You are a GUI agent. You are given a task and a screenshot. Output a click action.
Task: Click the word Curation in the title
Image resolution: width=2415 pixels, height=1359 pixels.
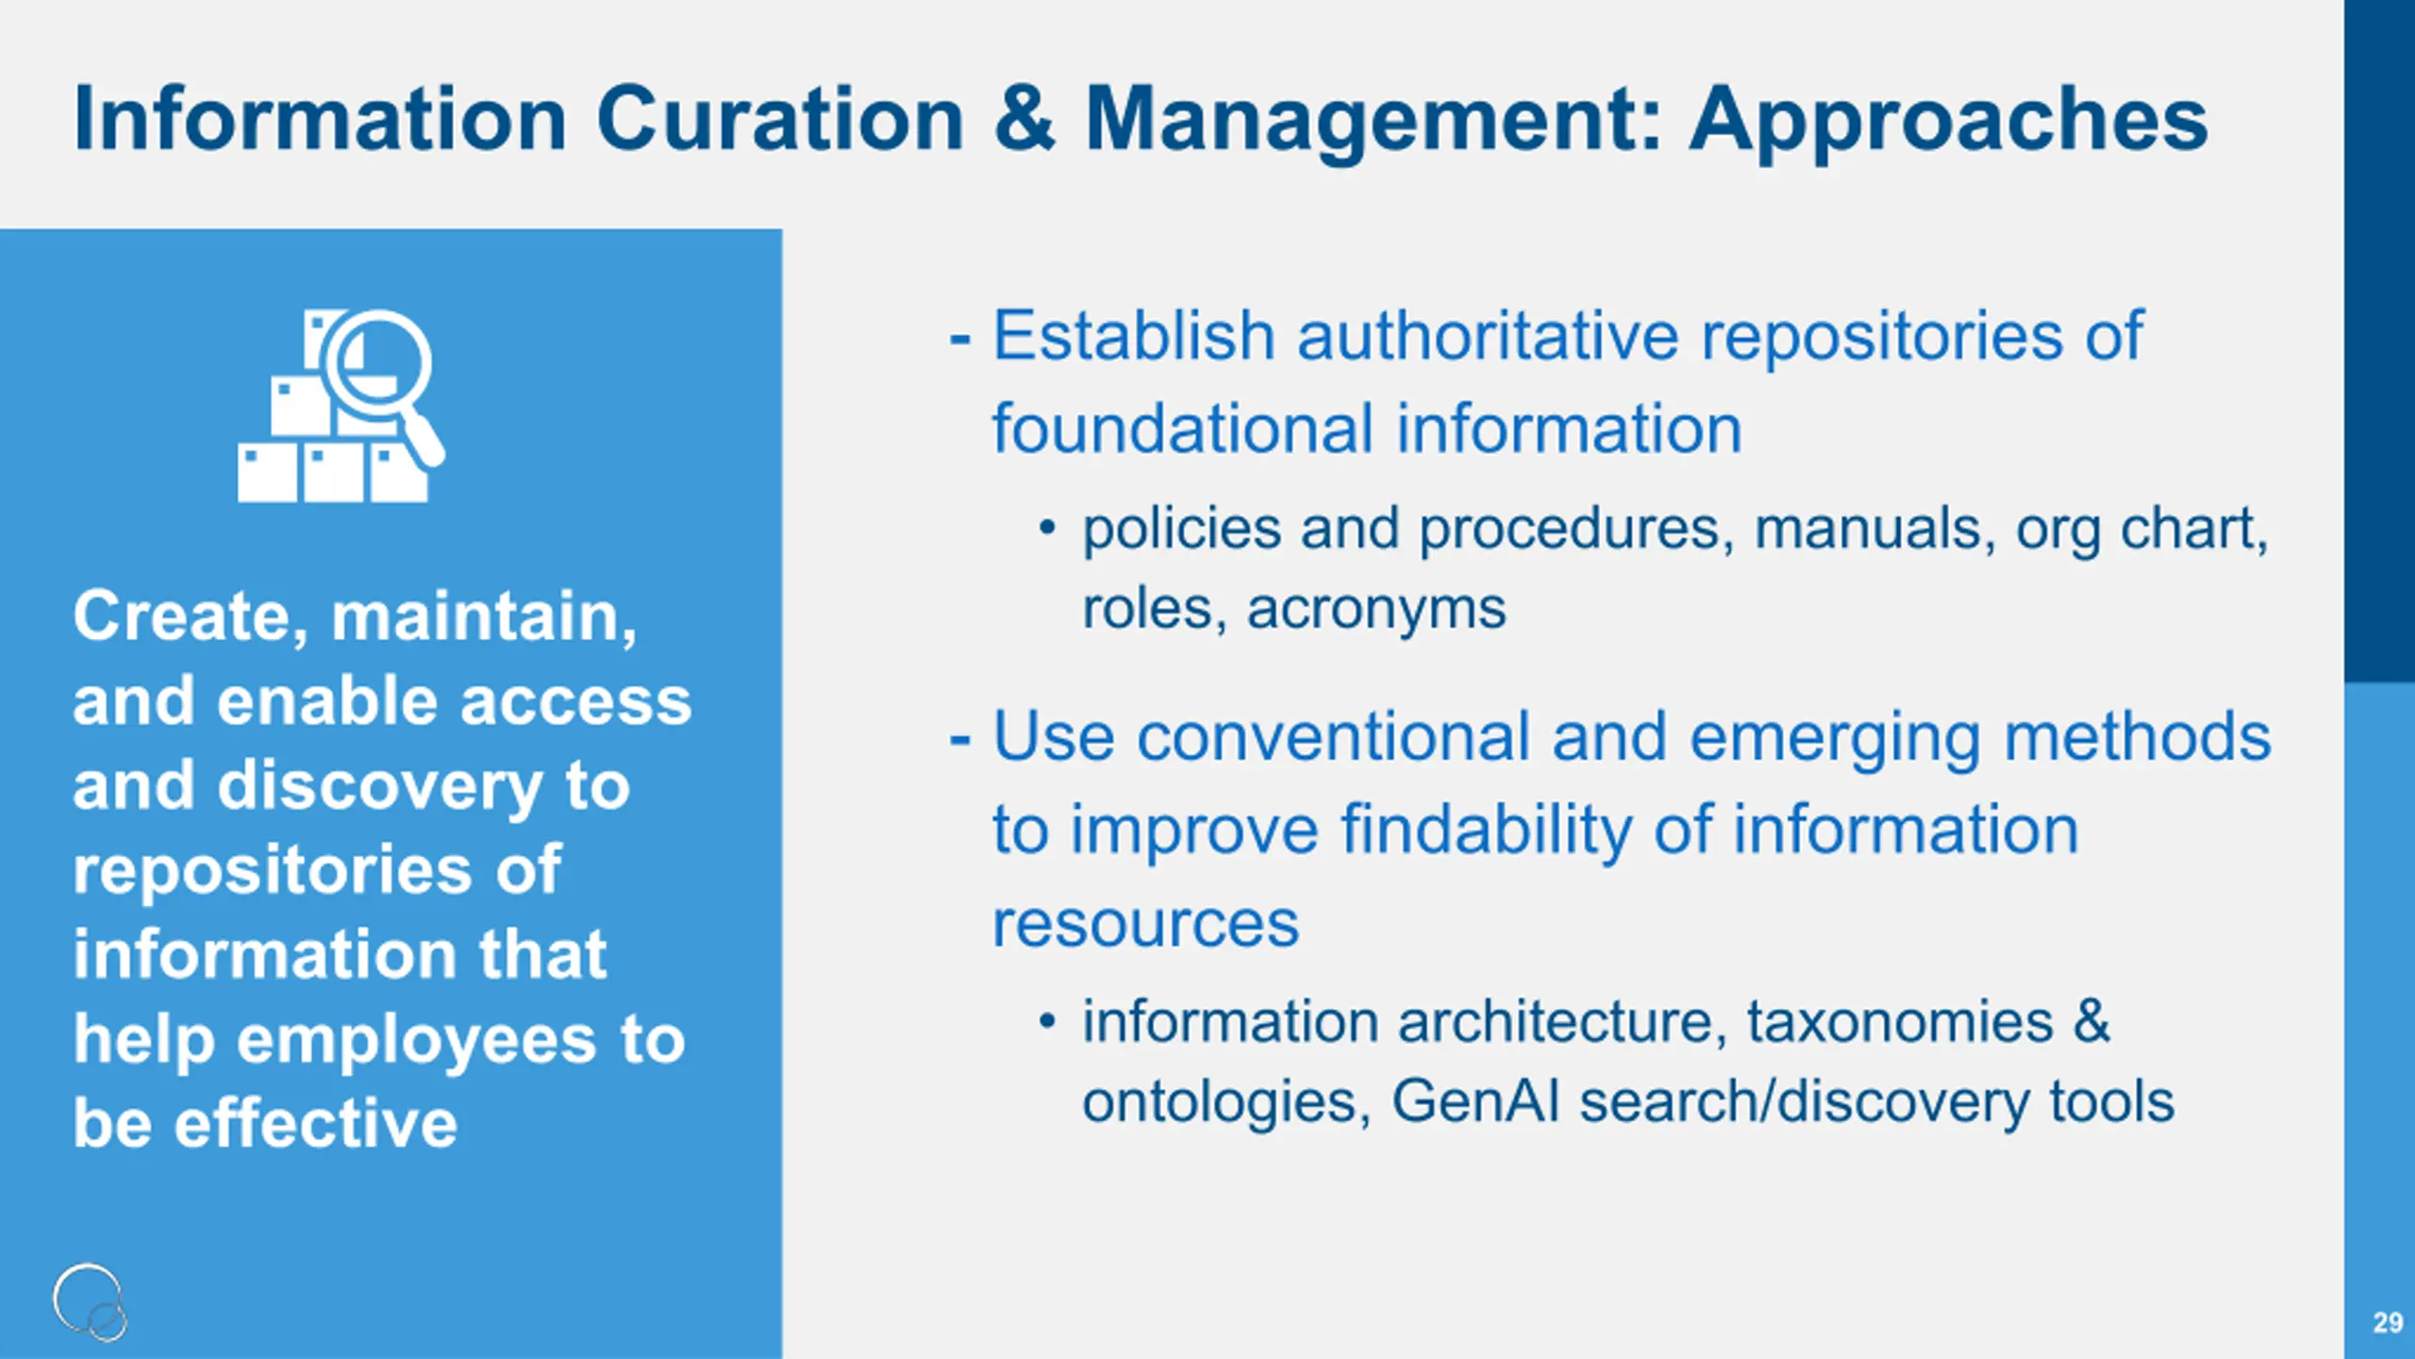click(x=779, y=119)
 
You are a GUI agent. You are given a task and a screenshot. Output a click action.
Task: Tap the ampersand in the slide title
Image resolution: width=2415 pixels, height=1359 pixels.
click(x=1024, y=119)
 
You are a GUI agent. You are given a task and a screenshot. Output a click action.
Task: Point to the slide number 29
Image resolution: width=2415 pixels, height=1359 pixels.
click(x=2388, y=1322)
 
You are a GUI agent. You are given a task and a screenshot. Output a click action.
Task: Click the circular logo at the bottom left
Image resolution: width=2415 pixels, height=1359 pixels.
click(x=90, y=1301)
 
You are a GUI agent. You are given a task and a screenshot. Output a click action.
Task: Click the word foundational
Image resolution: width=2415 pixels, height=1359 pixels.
click(x=1183, y=429)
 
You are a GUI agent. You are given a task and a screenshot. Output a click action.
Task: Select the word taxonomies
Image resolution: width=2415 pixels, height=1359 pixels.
click(x=1900, y=1023)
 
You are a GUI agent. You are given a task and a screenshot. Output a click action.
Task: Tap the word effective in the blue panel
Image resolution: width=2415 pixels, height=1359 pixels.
click(x=316, y=1123)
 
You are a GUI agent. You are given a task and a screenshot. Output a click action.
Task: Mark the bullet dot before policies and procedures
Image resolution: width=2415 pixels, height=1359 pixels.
click(x=1046, y=528)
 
